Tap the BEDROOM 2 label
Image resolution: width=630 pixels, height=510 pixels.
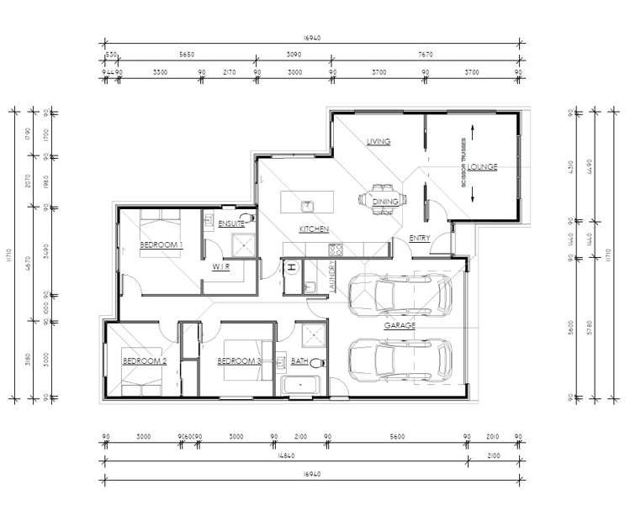tap(145, 361)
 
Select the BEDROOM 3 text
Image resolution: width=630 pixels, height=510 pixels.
tap(240, 361)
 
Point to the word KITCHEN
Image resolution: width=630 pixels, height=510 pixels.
tap(314, 229)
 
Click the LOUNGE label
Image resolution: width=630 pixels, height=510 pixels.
tap(482, 167)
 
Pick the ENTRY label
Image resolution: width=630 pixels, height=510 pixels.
tap(419, 239)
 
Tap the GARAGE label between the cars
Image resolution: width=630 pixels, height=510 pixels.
tap(396, 324)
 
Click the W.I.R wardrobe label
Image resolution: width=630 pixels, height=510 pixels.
tap(221, 266)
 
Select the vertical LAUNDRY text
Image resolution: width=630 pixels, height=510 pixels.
tap(334, 276)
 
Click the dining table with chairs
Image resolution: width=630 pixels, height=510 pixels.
tap(383, 201)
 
